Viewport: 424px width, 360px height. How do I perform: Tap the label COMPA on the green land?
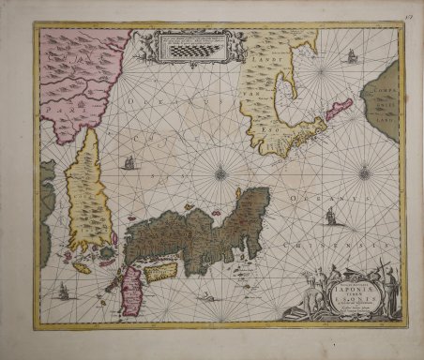[x=383, y=88]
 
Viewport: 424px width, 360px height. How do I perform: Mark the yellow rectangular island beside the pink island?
[x=162, y=271]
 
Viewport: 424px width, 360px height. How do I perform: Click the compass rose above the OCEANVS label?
[x=364, y=172]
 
